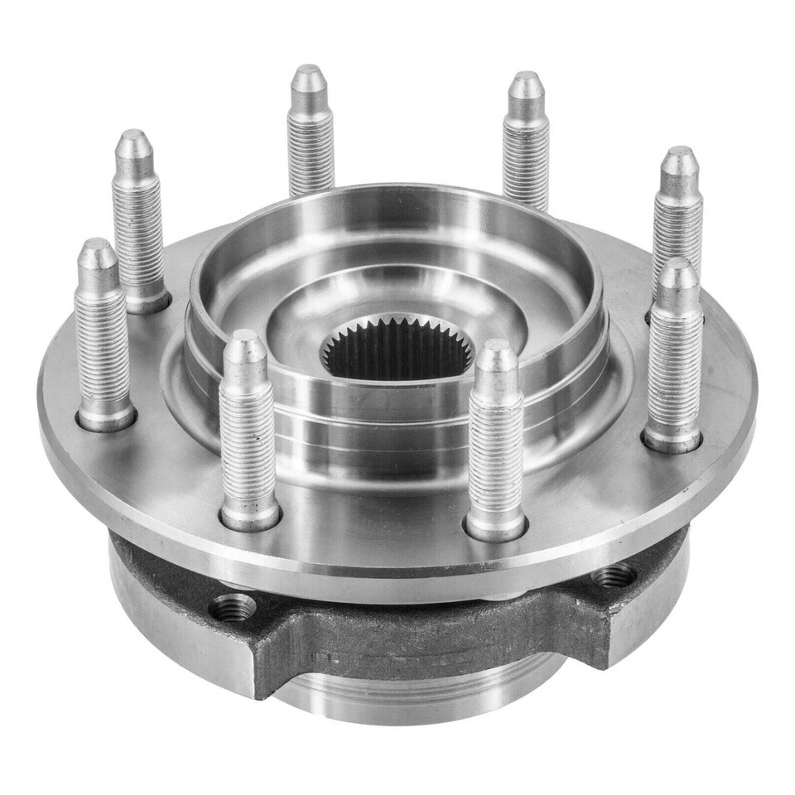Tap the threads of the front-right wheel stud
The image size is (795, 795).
[495, 447]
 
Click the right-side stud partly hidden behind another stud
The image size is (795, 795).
[677, 207]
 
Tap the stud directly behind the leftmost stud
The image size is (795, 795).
[137, 215]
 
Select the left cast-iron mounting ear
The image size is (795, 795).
[190, 613]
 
